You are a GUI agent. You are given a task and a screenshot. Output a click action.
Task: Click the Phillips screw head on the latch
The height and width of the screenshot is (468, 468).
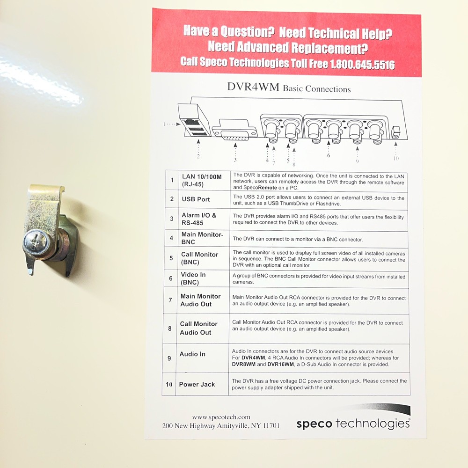coord(36,243)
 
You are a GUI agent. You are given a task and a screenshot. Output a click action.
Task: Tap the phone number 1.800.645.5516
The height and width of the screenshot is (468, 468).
coord(362,65)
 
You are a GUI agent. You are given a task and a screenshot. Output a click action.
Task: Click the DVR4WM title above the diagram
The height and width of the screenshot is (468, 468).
coord(253,87)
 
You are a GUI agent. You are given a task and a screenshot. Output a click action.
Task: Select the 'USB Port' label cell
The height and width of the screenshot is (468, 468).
coord(196,199)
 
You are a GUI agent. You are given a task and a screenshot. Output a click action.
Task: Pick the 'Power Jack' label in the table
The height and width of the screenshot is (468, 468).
coord(197,384)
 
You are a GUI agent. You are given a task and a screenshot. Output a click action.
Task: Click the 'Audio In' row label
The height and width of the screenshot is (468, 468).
coord(192,354)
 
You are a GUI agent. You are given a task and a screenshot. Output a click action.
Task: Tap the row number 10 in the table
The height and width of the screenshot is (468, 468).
coord(169,384)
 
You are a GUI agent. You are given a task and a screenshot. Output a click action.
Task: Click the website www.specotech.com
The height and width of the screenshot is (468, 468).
coord(221,417)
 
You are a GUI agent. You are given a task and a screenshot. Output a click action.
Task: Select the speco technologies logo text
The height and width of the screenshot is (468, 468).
coord(353,423)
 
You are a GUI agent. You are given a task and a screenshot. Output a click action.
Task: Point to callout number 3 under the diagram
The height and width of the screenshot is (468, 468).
coord(235,160)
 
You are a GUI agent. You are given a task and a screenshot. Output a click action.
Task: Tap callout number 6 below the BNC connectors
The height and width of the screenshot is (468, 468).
coord(329,155)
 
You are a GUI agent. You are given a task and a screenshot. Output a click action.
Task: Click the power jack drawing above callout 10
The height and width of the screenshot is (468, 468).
coord(396,132)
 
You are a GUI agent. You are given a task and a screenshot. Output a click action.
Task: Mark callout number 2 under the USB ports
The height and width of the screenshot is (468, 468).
coord(198,156)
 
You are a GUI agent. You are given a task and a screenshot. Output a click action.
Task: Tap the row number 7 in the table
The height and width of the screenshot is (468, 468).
coord(170,300)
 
